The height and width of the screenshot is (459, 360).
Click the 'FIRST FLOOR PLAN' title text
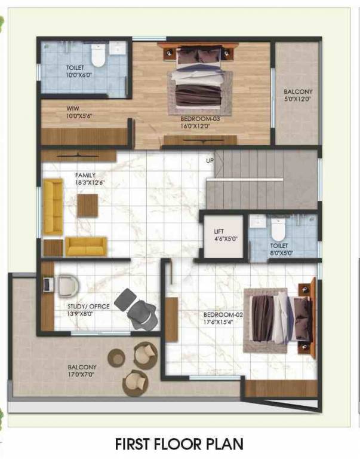coord(180,444)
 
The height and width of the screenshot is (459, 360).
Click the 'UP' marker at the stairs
coord(210,161)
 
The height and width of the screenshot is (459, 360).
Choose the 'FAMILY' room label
coord(85,175)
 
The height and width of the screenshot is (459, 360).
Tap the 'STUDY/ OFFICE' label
coord(88,306)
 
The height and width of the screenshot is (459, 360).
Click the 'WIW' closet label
coord(73,109)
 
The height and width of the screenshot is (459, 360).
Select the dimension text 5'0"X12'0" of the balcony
coord(298,99)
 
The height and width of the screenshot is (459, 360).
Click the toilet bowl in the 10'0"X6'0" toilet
coord(100,56)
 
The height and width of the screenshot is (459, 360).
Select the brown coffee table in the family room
coord(87,206)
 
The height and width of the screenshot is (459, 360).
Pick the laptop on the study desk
coord(48,284)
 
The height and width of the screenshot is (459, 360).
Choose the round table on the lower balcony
coord(117,358)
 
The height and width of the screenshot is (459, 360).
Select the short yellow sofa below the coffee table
coord(86,246)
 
